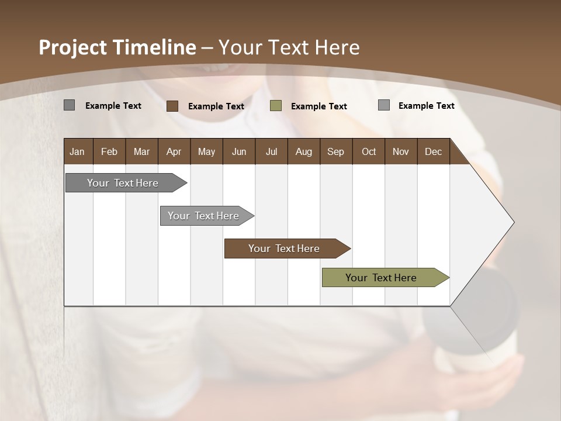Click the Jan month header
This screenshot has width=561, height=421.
(78, 151)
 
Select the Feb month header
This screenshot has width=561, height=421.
(109, 151)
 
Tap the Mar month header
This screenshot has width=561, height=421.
(141, 151)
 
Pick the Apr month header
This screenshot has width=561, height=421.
(174, 151)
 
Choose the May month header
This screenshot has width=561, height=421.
(206, 151)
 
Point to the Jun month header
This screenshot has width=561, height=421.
(239, 151)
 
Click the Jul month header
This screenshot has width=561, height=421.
(271, 151)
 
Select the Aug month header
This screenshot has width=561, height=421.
(304, 151)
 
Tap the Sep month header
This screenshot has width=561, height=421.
(336, 151)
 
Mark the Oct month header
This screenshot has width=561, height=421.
(369, 151)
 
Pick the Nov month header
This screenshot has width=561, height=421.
(401, 151)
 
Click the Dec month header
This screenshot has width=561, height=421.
(434, 151)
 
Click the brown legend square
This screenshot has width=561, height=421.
(172, 106)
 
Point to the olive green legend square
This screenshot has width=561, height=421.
(276, 106)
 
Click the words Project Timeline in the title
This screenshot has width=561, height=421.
(117, 47)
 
